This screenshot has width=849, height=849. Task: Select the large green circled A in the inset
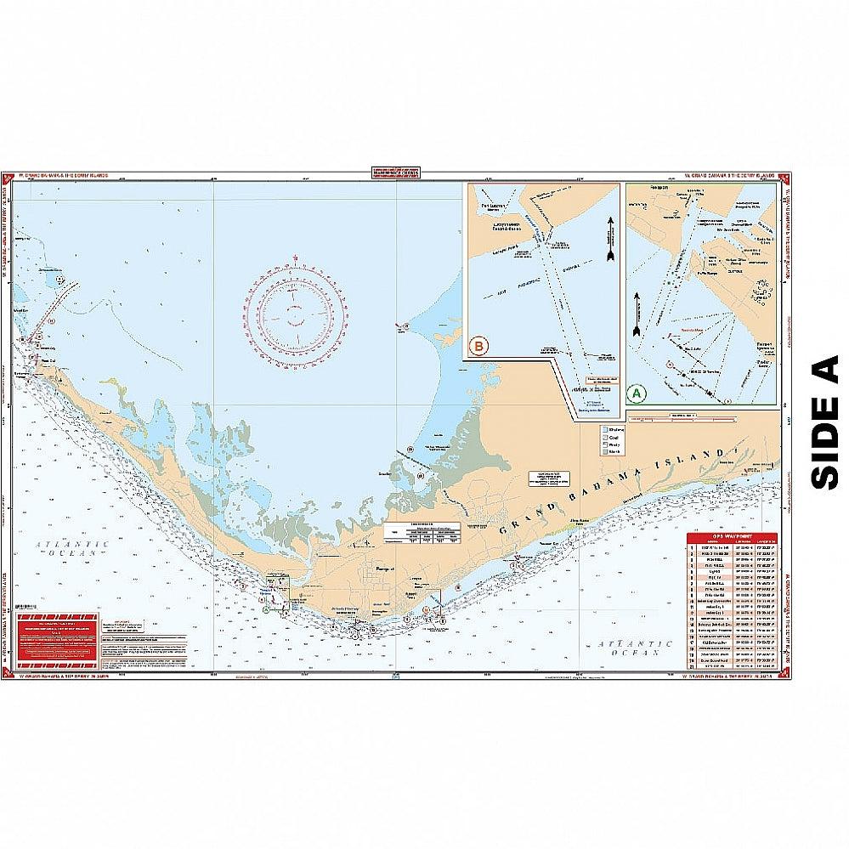[635, 393]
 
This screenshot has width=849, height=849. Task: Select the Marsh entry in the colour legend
[614, 458]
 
